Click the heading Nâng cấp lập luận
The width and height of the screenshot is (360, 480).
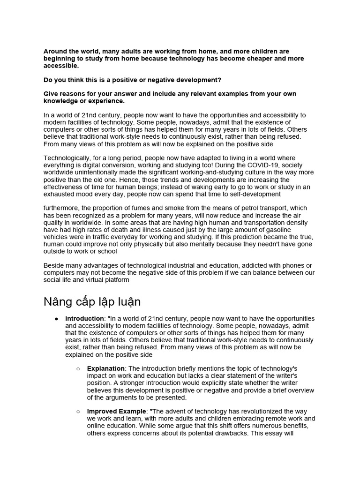pyautogui.click(x=92, y=301)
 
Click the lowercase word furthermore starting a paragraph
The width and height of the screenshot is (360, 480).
pyautogui.click(x=60, y=208)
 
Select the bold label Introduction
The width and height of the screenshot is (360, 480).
pyautogui.click(x=84, y=319)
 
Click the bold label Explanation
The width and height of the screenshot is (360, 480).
pyautogui.click(x=105, y=369)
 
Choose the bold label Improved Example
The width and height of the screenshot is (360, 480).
pyautogui.click(x=116, y=412)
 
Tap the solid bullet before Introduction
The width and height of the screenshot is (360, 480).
pyautogui.click(x=56, y=319)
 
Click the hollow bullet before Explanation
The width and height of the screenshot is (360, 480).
pyautogui.click(x=78, y=369)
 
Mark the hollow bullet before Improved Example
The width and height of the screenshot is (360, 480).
pyautogui.click(x=78, y=412)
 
